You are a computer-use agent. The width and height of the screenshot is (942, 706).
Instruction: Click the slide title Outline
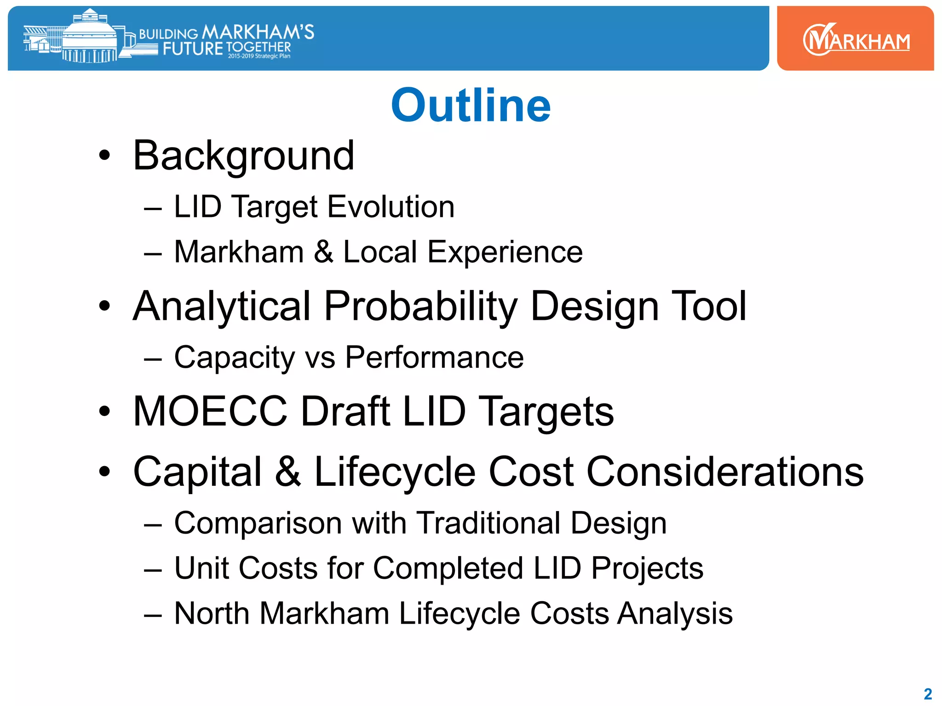[x=471, y=106]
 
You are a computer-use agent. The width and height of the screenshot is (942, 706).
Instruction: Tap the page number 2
[x=928, y=694]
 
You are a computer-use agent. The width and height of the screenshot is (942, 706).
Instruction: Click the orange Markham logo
[x=856, y=39]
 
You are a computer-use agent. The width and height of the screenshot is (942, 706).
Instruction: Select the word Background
[x=244, y=156]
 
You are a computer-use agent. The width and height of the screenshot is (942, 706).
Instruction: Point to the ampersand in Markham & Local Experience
[x=323, y=252]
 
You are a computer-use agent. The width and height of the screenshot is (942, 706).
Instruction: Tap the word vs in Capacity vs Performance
[x=320, y=358]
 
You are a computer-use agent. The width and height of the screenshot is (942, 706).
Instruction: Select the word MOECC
[x=210, y=411]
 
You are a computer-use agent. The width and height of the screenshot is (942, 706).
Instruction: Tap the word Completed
[x=448, y=568]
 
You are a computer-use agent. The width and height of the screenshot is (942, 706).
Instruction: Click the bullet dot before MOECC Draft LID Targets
[x=105, y=411]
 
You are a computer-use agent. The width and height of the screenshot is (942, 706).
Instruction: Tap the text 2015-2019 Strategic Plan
[x=259, y=56]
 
